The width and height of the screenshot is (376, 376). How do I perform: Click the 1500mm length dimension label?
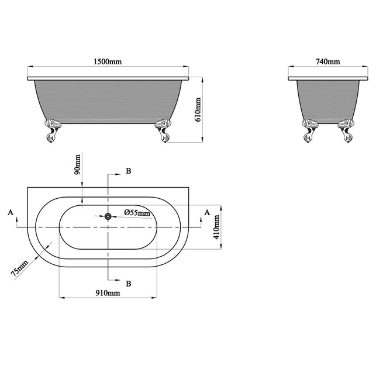[108, 61]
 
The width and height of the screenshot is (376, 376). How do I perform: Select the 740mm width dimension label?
[328, 61]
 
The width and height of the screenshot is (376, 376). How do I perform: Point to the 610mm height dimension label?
[198, 109]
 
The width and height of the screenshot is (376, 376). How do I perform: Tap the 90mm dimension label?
[77, 164]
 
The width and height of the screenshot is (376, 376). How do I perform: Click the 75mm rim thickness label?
[20, 268]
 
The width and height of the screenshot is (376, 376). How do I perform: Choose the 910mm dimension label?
[108, 293]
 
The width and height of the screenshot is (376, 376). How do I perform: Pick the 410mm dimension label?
[216, 227]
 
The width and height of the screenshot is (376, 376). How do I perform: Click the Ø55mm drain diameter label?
[137, 212]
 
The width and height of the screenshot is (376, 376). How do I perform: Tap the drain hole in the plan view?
[108, 217]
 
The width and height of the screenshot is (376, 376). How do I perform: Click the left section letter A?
[11, 212]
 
